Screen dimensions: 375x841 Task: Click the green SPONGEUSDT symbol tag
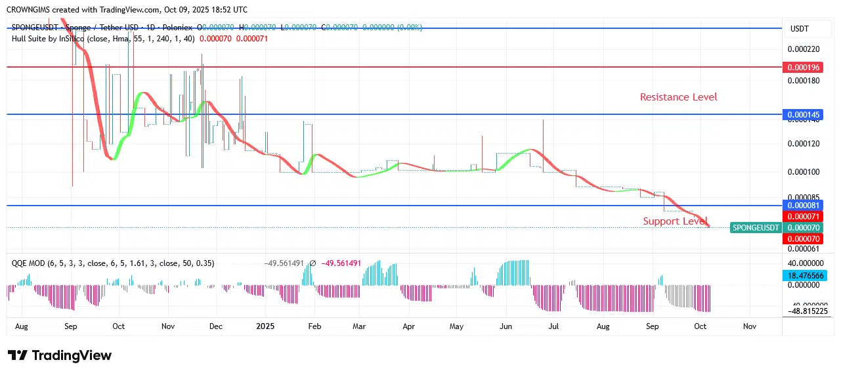(x=756, y=228)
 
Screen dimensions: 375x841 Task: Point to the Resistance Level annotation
(x=678, y=97)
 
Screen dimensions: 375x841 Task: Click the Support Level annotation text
(x=675, y=221)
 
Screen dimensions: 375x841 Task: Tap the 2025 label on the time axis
(x=265, y=326)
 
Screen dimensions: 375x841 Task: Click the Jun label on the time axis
(x=506, y=326)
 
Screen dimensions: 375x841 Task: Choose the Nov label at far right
(x=750, y=326)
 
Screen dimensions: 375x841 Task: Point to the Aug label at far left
(x=21, y=326)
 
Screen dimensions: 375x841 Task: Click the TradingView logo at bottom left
(x=60, y=356)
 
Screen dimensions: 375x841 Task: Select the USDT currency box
(x=800, y=29)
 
